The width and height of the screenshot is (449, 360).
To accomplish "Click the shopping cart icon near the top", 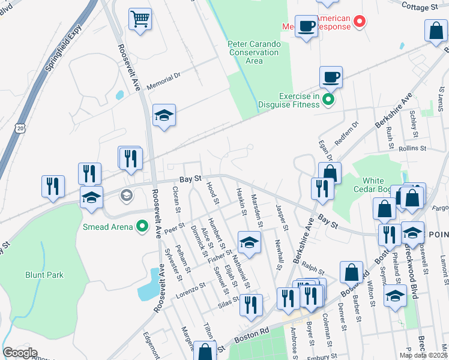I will click(x=140, y=20).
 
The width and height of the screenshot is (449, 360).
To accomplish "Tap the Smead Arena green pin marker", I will click(x=142, y=226).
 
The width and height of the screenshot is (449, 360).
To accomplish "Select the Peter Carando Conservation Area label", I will click(x=254, y=52).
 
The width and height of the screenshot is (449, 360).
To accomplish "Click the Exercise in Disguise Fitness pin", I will click(x=328, y=100).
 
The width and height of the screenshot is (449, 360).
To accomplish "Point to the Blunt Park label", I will click(x=44, y=275).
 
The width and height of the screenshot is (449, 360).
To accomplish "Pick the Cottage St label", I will click(x=427, y=8).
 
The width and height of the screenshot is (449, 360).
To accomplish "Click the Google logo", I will click(x=20, y=353).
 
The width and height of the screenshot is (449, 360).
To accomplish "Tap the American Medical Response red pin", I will click(x=360, y=23).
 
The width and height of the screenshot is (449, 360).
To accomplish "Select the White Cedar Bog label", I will click(x=381, y=185).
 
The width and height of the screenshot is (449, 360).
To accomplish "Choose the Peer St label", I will click(x=173, y=228).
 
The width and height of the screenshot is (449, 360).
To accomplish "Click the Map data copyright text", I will click(x=423, y=355).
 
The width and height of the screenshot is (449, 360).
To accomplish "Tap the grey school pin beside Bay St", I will click(x=126, y=194).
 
